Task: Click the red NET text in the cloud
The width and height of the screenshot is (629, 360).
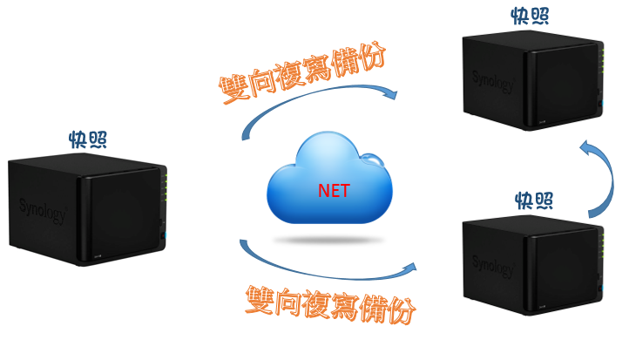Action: coord(334,189)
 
